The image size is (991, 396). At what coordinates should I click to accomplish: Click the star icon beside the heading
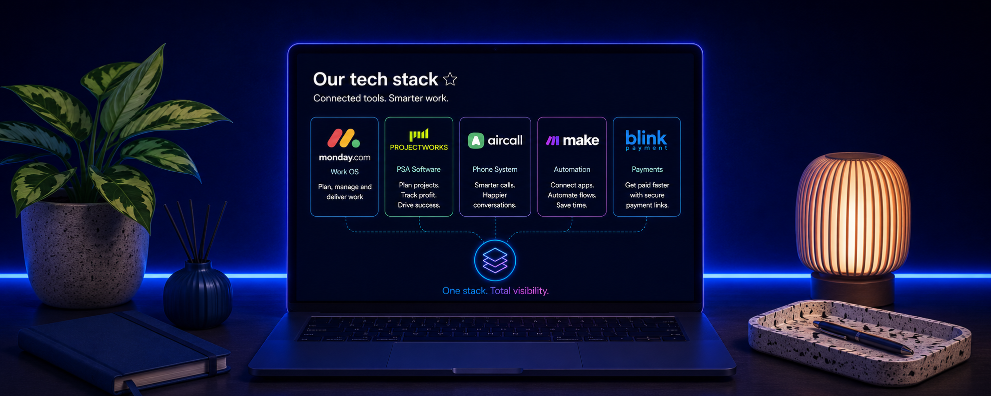[x=450, y=79]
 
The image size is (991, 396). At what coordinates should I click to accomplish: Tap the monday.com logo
[x=344, y=145]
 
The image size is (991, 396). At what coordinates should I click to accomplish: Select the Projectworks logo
[x=419, y=140]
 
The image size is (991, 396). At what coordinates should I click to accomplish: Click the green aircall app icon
[x=476, y=141]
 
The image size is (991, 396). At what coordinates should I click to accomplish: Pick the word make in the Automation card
[x=581, y=140]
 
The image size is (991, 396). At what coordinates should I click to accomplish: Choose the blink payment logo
[x=646, y=140]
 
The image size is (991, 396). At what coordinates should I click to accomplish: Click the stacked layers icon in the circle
[x=495, y=260]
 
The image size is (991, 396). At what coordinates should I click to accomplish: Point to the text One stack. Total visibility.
[x=495, y=291]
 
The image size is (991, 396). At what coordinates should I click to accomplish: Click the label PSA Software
[x=419, y=169]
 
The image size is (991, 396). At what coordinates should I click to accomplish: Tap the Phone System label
[x=495, y=170]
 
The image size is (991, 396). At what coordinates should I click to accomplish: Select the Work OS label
[x=345, y=172]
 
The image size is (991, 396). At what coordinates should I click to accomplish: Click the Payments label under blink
[x=647, y=170]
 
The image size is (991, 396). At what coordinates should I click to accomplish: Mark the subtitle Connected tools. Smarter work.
[x=381, y=98]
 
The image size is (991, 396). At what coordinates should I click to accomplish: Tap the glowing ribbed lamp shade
[x=853, y=214]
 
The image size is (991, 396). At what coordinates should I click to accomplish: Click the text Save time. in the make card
[x=572, y=205]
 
